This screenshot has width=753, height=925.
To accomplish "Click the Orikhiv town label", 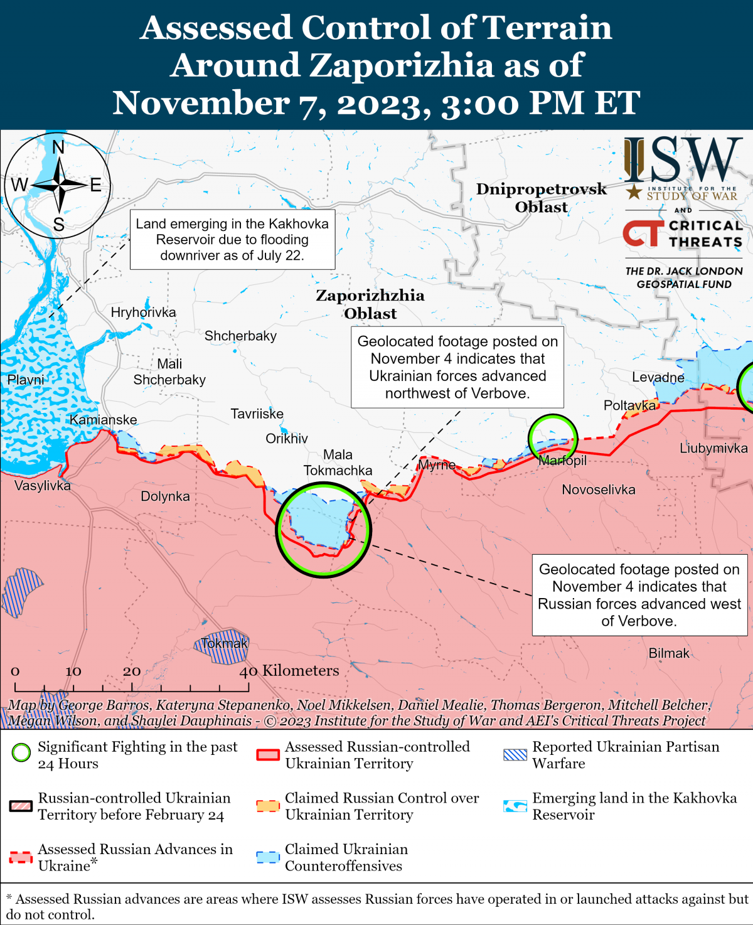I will [x=287, y=439].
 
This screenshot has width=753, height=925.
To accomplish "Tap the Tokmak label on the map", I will [x=225, y=643].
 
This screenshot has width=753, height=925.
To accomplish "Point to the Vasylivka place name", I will [x=43, y=486].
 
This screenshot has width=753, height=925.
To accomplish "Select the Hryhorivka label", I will [x=143, y=313].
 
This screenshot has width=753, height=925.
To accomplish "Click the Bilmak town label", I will [x=669, y=653].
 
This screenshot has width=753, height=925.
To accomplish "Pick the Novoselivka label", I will [x=599, y=489].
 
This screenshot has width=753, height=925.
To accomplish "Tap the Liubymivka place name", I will [x=713, y=448].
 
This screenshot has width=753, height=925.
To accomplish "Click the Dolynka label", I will [x=165, y=496].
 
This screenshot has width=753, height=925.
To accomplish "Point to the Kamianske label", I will [x=103, y=420].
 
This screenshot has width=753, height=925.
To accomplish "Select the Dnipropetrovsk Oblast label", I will [x=541, y=198].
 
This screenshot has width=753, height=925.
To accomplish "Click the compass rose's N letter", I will [x=58, y=147].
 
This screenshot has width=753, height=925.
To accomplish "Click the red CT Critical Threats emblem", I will [x=643, y=233].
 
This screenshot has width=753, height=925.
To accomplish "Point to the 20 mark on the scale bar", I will [x=132, y=671].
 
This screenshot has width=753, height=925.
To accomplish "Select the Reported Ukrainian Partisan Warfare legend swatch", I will [x=515, y=754].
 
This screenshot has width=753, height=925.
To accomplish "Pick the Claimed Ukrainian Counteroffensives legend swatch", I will [x=268, y=857].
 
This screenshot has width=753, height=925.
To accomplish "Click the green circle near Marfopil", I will [x=552, y=438].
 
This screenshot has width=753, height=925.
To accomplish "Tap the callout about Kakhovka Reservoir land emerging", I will [x=232, y=240].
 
